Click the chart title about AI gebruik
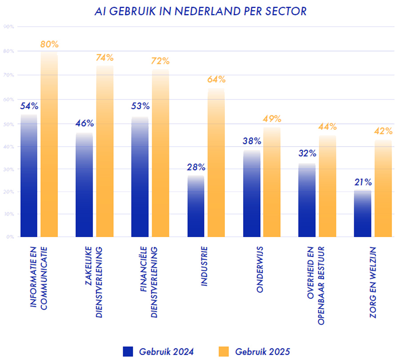point(200,11)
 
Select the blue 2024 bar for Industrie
point(196,206)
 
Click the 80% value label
point(49,44)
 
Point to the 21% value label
point(363,182)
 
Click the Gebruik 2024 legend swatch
point(128,351)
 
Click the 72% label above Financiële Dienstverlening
point(160,61)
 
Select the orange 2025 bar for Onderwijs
point(272,182)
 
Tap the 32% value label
point(307,154)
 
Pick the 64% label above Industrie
point(216,80)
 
